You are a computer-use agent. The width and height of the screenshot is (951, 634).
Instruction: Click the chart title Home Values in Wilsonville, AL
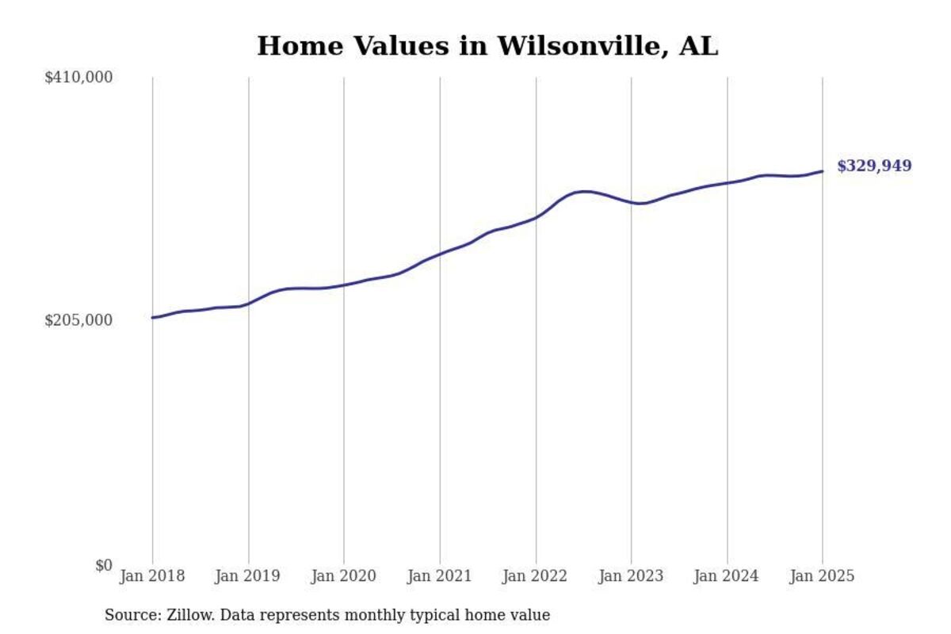point(487,46)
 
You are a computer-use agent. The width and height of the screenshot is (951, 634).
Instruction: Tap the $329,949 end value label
point(874,166)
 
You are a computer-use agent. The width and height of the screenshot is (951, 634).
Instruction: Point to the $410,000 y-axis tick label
point(78,77)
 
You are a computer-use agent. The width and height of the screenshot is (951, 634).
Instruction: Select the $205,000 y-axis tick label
point(78,320)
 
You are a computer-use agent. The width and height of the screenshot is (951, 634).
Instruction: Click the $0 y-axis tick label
point(104,565)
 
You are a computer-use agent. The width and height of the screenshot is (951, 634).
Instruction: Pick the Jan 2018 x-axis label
point(152,576)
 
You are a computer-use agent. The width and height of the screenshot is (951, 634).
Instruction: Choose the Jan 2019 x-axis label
point(248,576)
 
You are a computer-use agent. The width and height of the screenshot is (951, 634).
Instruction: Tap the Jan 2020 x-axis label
point(344,576)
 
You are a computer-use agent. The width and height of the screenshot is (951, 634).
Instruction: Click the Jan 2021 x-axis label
point(440,576)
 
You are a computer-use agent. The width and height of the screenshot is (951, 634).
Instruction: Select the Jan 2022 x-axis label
point(536,576)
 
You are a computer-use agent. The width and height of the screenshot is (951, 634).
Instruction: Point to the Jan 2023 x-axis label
point(632,576)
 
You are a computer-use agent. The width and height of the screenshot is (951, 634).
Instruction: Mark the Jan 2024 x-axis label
point(727,576)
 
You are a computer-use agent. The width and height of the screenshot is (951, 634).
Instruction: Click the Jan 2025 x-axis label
point(823,576)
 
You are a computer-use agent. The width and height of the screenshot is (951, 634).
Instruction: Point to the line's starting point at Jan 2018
point(153,318)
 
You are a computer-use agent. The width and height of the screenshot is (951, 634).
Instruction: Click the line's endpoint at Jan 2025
point(823,171)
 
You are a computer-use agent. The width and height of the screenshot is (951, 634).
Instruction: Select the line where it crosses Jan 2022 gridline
point(536,217)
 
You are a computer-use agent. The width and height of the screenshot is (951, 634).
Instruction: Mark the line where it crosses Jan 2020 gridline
point(344,285)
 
